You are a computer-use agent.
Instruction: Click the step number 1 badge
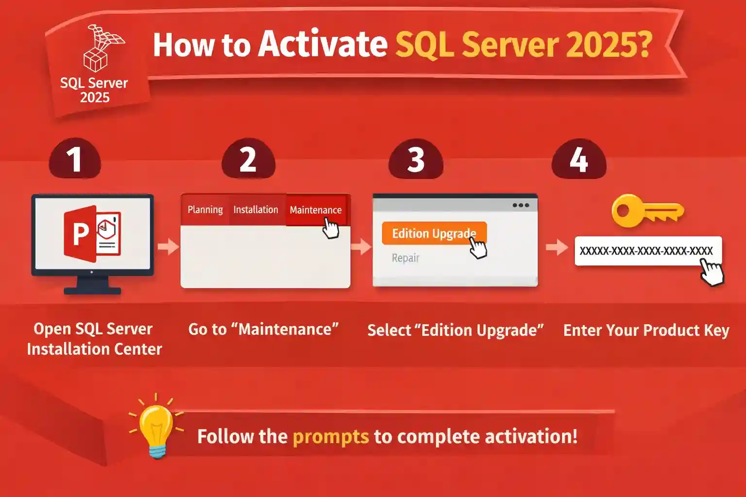(x=74, y=159)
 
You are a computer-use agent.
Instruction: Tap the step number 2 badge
(x=248, y=159)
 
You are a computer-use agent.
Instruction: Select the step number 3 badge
(x=416, y=159)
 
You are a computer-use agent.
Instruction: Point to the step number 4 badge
(x=579, y=159)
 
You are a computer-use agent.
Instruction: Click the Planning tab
(x=205, y=210)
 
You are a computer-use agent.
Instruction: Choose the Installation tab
(x=255, y=210)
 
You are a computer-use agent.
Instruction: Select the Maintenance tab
(x=316, y=210)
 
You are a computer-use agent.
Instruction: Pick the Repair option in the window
(x=405, y=258)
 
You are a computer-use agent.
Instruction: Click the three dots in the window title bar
(x=521, y=205)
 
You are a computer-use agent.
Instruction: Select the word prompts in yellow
(x=331, y=436)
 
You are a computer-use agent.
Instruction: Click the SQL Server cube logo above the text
(x=102, y=49)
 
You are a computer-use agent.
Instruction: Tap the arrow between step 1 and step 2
(x=168, y=246)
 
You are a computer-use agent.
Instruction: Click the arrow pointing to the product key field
(x=557, y=247)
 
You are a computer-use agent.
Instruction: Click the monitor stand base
(x=92, y=290)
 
